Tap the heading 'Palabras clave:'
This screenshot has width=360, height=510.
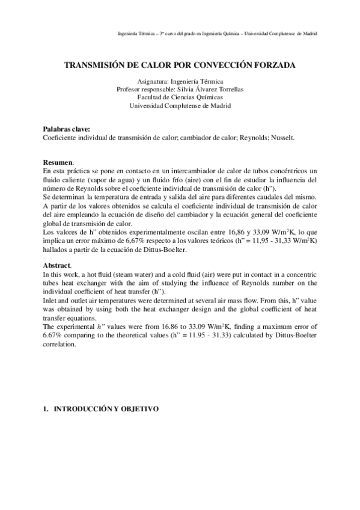point(67,129)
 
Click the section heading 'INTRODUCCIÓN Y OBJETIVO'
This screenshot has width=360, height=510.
point(106,409)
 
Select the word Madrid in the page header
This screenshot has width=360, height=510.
point(309,33)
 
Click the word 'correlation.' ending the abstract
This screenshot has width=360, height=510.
point(60,346)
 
